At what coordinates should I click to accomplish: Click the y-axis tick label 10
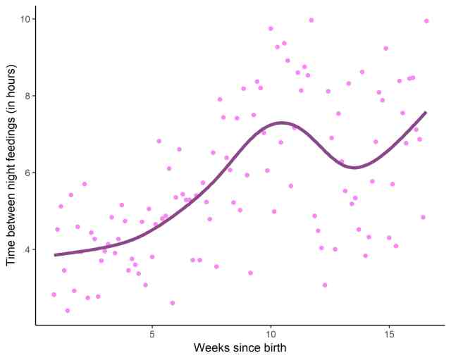point(24,18)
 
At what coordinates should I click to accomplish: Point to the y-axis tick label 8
point(27,96)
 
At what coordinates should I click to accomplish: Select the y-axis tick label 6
point(27,173)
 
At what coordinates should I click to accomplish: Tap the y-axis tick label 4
point(27,249)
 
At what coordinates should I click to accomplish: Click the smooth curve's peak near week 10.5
point(282,123)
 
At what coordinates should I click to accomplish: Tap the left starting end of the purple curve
point(56,255)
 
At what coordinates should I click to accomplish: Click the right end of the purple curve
point(426,112)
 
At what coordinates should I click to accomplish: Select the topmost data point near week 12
point(311,20)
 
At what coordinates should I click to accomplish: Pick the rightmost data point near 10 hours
point(426,21)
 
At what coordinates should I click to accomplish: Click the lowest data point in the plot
point(68,310)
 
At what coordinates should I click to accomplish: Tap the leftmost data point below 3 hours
point(54,294)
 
